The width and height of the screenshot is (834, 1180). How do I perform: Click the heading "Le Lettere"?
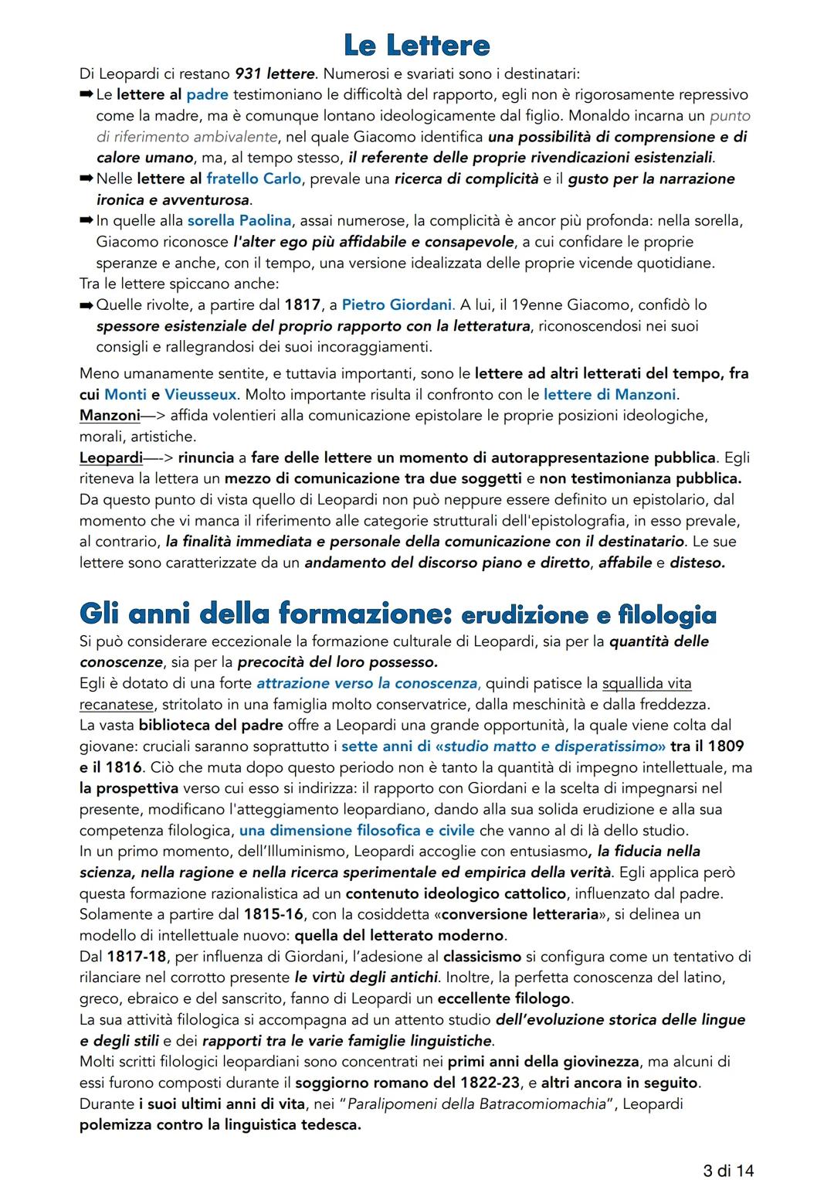416,45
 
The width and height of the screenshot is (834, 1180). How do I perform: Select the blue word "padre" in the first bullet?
207,94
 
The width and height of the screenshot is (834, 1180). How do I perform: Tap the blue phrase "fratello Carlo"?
253,179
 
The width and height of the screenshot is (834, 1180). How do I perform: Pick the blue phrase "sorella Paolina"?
239,221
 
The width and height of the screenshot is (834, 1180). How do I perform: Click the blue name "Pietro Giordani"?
397,304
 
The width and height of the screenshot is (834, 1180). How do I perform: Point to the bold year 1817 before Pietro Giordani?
301,304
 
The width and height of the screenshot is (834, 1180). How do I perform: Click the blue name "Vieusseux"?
201,394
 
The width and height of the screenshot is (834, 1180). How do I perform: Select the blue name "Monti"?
125,394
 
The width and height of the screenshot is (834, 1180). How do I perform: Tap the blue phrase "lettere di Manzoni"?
609,394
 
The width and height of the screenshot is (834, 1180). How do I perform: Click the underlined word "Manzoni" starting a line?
110,415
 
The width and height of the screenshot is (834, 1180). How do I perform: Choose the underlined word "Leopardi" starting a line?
111,457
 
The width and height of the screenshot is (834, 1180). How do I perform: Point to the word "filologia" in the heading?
667,615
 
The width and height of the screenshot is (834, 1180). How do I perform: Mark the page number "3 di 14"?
728,1170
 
